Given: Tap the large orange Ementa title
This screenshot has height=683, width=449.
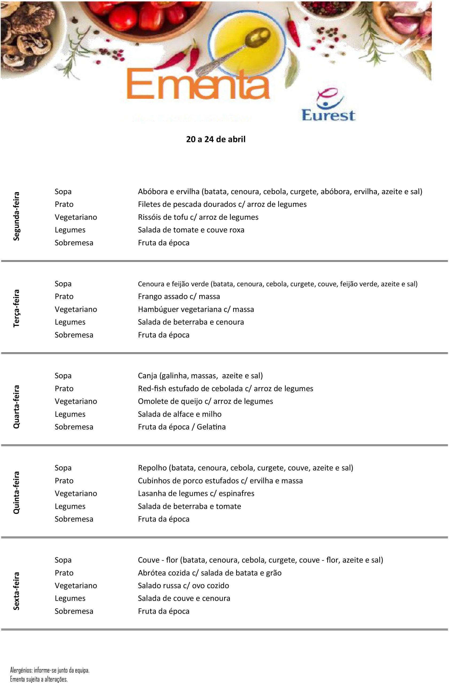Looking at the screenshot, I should [x=198, y=85].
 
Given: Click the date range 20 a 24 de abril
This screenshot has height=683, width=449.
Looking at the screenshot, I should [x=216, y=140].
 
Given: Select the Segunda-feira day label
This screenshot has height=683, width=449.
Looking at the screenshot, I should [x=16, y=216].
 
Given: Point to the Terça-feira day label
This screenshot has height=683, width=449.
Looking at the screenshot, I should [x=16, y=308].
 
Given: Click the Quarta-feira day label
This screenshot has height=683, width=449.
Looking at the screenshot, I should [x=16, y=407].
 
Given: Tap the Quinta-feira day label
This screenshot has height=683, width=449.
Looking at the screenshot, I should [x=16, y=493].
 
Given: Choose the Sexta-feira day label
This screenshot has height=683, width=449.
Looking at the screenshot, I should [x=16, y=591].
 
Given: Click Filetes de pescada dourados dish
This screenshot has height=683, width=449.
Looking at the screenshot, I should [x=222, y=204].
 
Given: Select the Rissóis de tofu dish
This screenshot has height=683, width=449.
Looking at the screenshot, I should [x=198, y=217].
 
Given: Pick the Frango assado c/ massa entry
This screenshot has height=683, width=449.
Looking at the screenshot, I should [x=179, y=296].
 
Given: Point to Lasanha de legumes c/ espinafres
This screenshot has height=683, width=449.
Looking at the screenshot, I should [x=196, y=493].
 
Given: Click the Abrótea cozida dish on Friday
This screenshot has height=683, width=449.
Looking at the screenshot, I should [x=209, y=573].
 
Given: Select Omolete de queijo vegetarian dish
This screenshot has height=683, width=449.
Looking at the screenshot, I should [x=205, y=402].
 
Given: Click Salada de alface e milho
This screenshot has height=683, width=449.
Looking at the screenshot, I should [x=179, y=414].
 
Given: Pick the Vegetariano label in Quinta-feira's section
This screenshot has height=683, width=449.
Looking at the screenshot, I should [x=76, y=493].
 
